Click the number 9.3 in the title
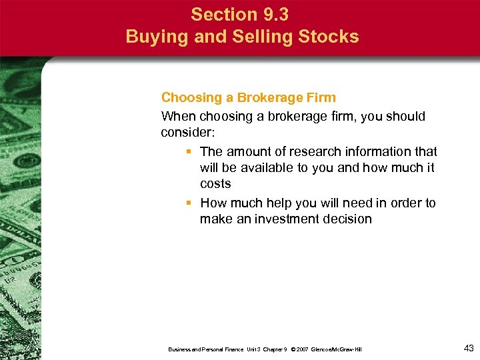click(273, 14)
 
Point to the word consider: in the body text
click(186, 133)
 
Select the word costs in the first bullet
click(215, 183)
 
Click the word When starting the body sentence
click(179, 116)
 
